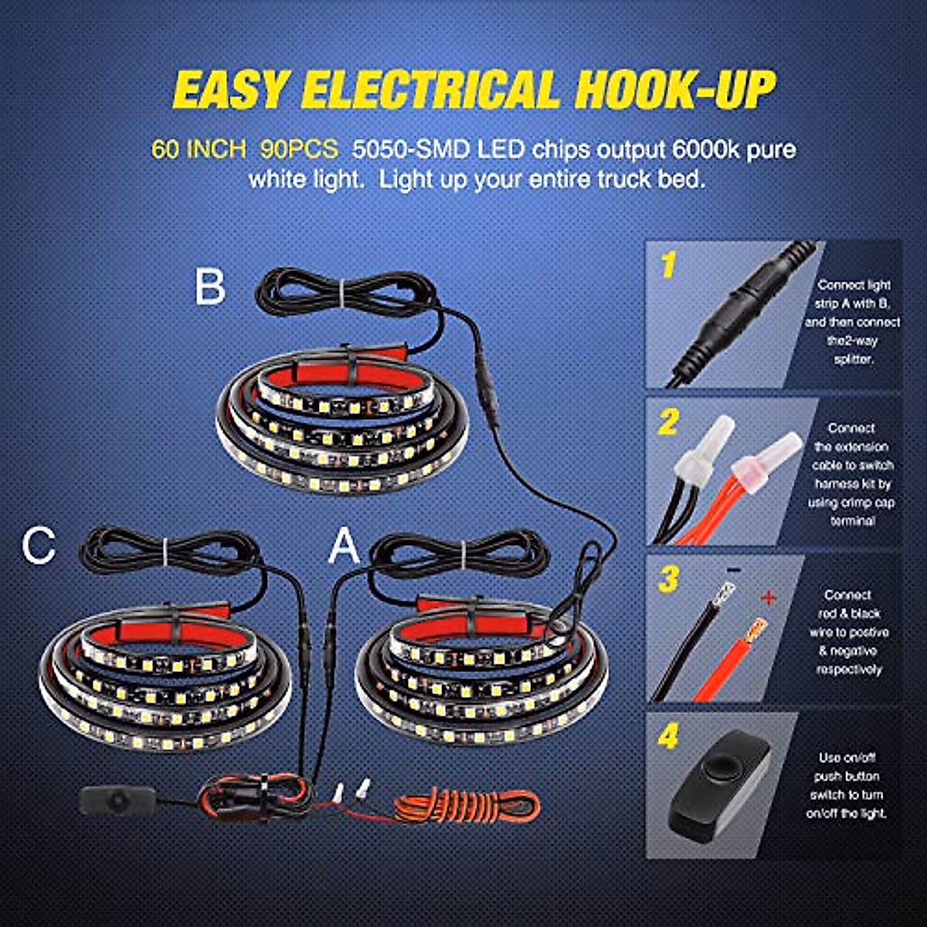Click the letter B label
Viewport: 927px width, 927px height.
coord(209,287)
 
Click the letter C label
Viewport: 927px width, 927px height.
coord(39,545)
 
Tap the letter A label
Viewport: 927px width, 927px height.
coord(345,548)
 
